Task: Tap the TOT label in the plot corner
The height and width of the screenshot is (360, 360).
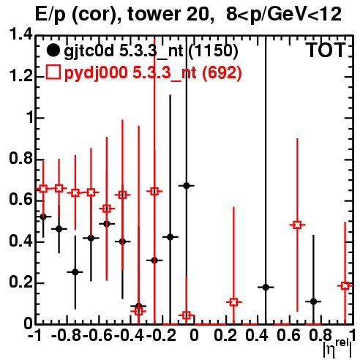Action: point(326,50)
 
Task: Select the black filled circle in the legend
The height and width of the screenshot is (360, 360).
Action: point(53,50)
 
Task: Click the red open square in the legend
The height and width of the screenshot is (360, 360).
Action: point(53,72)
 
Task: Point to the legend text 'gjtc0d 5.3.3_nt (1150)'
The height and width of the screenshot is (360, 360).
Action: point(151,51)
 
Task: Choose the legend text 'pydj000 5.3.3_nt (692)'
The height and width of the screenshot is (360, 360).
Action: point(153,73)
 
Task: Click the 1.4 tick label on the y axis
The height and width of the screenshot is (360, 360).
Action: point(20,35)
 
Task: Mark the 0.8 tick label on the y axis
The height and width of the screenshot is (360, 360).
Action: point(20,159)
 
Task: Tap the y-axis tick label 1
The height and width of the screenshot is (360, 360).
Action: point(30,118)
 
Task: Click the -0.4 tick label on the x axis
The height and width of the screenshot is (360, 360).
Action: point(130,335)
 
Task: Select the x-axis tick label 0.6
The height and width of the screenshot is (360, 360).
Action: point(288,335)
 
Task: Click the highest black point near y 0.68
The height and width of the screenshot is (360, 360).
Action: point(187,186)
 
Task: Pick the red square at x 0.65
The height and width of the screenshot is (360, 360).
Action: point(297,225)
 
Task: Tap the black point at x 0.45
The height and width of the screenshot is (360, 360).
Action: point(266,288)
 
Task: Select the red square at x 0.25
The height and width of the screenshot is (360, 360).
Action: point(233,302)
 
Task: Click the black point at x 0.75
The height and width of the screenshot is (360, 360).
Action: point(314,301)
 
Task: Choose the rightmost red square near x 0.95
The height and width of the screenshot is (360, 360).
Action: point(345,286)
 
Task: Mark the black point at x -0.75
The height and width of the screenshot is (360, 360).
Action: point(75,272)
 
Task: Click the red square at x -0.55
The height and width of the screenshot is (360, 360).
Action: point(107,209)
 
